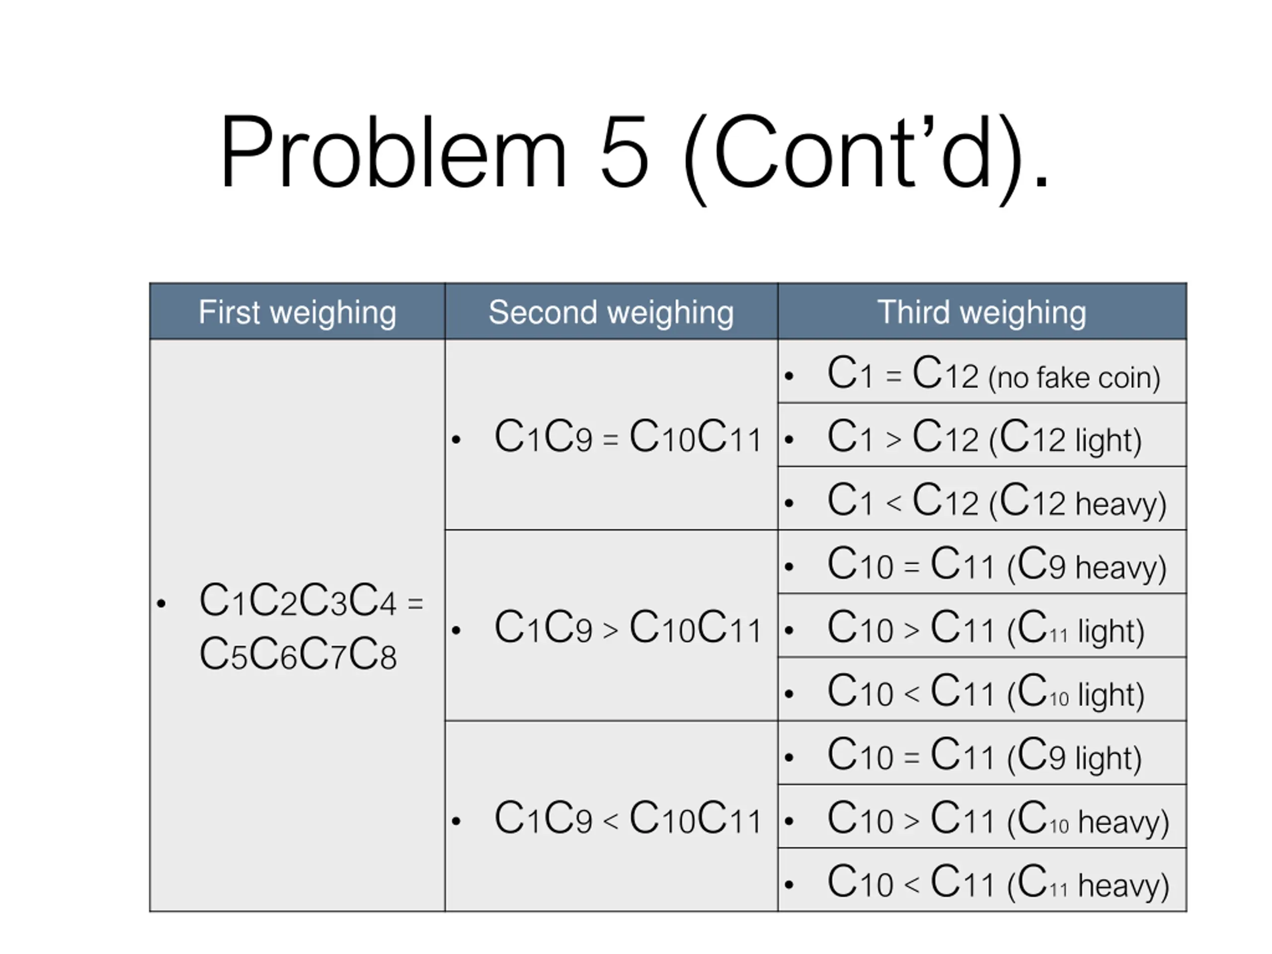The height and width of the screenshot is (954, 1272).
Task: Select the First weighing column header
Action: (297, 312)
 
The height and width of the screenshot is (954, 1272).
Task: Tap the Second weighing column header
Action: (611, 312)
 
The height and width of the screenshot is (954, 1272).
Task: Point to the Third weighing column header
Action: (982, 312)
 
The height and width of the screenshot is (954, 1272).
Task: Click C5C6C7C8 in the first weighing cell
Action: (298, 655)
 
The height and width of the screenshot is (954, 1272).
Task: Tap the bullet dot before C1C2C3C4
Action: (161, 603)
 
